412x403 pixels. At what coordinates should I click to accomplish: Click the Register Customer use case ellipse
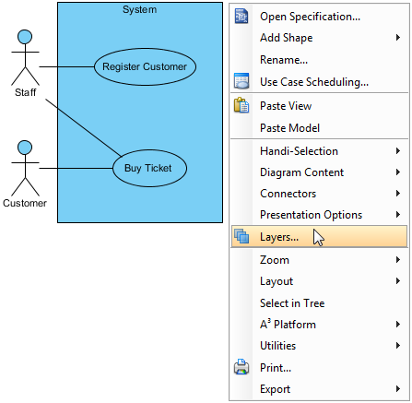coord(145,66)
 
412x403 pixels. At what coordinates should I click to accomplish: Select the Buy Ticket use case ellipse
coord(149,168)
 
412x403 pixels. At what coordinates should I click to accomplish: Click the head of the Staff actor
coord(25,37)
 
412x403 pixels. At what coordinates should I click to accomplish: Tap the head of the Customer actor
coord(25,148)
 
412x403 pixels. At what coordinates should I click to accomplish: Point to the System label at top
coord(140,9)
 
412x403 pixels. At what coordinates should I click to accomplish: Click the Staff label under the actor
coord(26,92)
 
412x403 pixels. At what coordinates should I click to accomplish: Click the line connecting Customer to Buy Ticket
coord(76,168)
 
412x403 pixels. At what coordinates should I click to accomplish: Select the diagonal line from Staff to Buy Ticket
coord(84,127)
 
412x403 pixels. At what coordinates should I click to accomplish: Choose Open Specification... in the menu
coord(310,17)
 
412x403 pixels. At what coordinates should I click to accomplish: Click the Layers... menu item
coord(279,237)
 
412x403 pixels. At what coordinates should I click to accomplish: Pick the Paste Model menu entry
coord(289,128)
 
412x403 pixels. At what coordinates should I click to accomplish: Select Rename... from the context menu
coord(284,60)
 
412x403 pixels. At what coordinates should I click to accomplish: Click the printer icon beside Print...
coord(241,367)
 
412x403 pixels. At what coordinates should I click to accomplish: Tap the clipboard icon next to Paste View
coord(241,105)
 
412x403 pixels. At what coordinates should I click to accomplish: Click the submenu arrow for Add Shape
coord(398,38)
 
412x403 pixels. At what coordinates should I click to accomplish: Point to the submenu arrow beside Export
coord(398,389)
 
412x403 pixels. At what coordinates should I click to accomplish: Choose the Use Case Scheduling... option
coord(314,82)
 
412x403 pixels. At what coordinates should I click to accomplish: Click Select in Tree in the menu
coord(292,303)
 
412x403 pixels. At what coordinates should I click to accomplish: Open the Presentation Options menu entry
coord(311,215)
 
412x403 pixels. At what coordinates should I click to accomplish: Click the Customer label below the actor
coord(25,203)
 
